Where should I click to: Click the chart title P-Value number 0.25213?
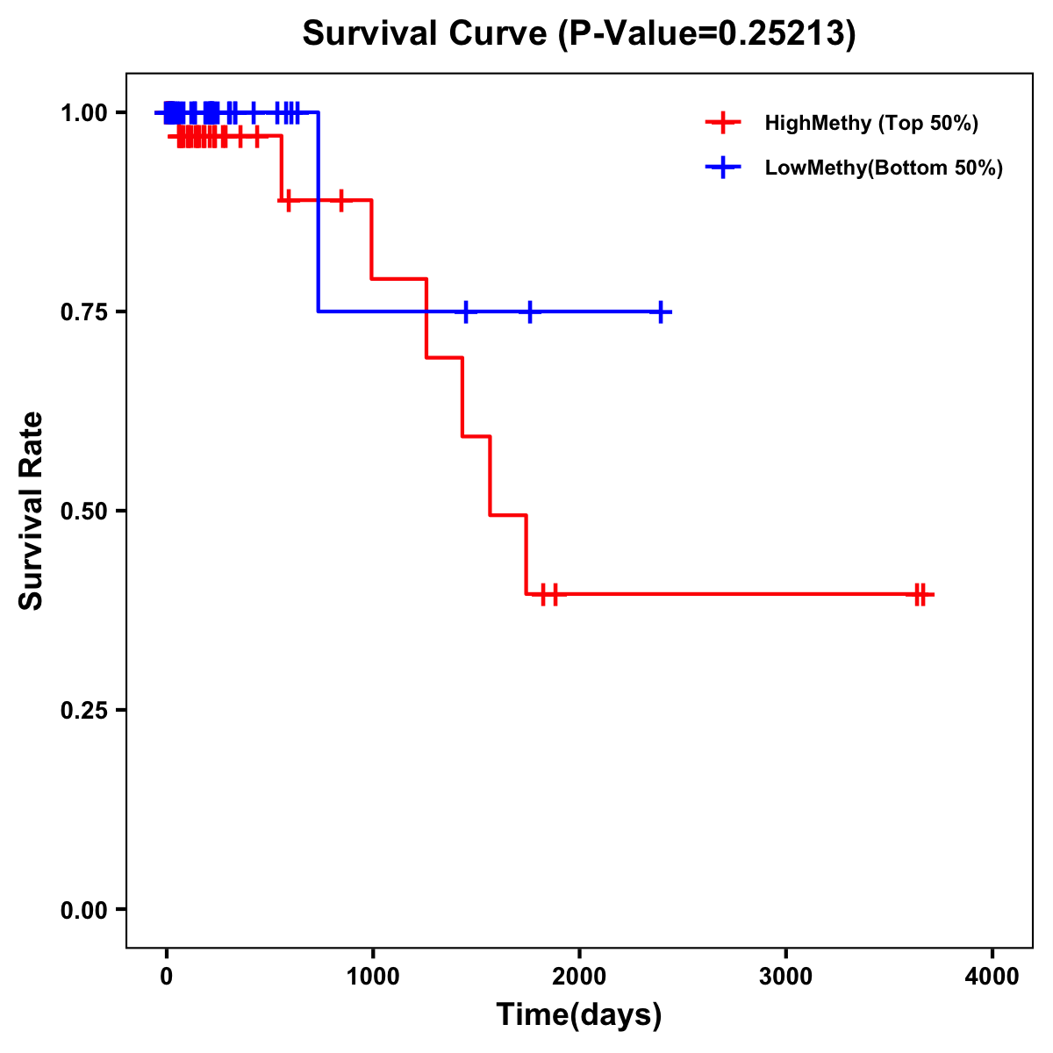pyautogui.click(x=783, y=33)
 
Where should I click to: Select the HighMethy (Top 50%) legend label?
pyautogui.click(x=870, y=123)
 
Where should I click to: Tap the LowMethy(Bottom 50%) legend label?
pyautogui.click(x=884, y=168)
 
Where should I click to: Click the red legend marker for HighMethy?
pyautogui.click(x=722, y=123)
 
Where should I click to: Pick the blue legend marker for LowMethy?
pyautogui.click(x=722, y=168)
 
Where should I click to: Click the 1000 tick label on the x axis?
pyautogui.click(x=372, y=977)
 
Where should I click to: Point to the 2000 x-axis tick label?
pyautogui.click(x=579, y=977)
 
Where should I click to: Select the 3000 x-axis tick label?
pyautogui.click(x=785, y=977)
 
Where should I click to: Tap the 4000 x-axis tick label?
pyautogui.click(x=992, y=977)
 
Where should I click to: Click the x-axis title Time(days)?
pyautogui.click(x=579, y=1015)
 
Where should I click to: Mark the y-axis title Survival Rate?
pyautogui.click(x=32, y=511)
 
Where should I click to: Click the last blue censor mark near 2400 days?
pyautogui.click(x=661, y=312)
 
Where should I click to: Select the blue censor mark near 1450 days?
pyautogui.click(x=466, y=312)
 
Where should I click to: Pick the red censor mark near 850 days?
pyautogui.click(x=341, y=200)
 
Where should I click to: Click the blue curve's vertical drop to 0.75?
pyautogui.click(x=318, y=211)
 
